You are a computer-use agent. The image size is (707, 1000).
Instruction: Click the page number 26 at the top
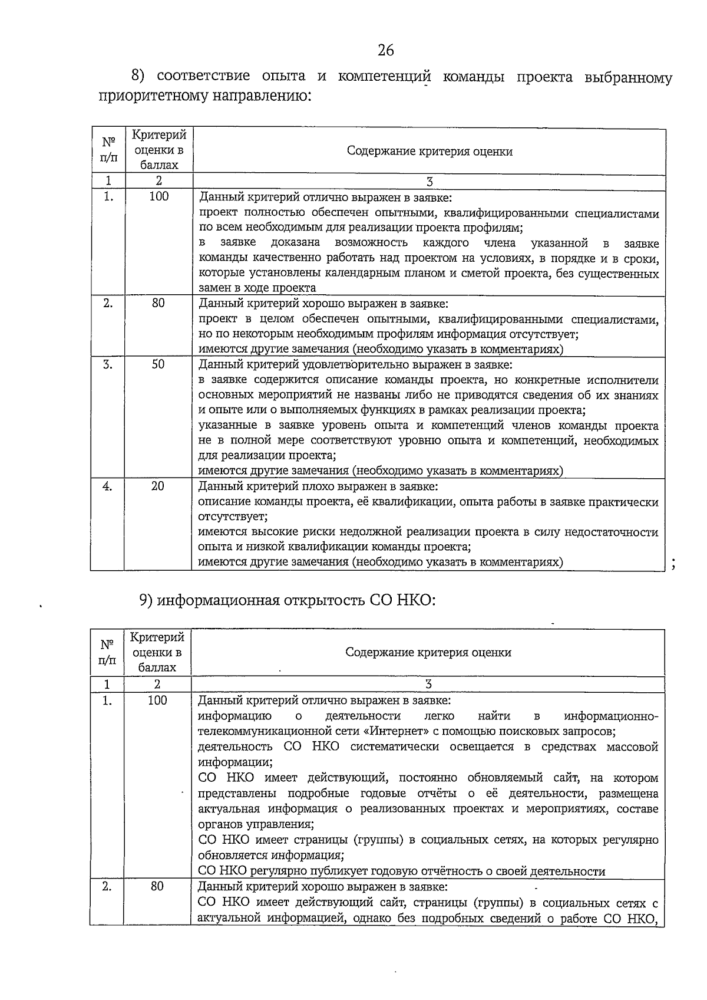(386, 50)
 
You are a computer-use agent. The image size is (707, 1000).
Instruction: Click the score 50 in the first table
(158, 364)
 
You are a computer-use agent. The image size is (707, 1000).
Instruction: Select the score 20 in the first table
(157, 486)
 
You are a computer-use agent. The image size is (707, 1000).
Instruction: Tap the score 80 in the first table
(158, 303)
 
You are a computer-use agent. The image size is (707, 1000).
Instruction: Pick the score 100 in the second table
(157, 700)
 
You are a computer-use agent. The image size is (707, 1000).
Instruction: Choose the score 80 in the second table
(157, 886)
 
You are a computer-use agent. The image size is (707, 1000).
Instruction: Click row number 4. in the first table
(108, 486)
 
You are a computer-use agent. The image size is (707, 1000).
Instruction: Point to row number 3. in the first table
(108, 364)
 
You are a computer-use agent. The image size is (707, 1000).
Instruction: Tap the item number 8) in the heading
(138, 76)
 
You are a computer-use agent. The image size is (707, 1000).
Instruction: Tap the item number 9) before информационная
(146, 600)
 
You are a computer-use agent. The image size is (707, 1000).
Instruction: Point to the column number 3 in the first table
(430, 181)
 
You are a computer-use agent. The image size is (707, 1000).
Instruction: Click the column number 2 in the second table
(157, 684)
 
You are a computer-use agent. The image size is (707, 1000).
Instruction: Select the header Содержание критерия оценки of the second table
(428, 652)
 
